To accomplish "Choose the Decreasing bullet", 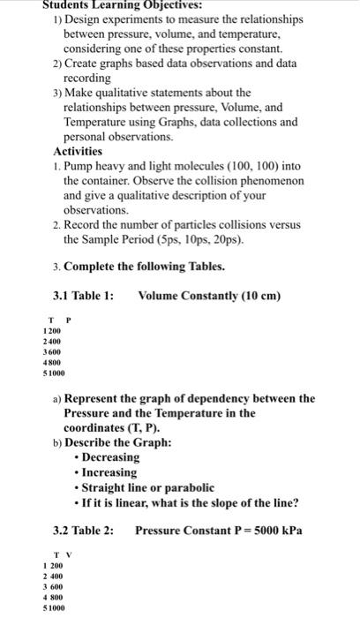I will tap(110, 457).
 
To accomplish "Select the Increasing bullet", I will tap(107, 472).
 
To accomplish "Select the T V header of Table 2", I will tap(60, 554).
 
